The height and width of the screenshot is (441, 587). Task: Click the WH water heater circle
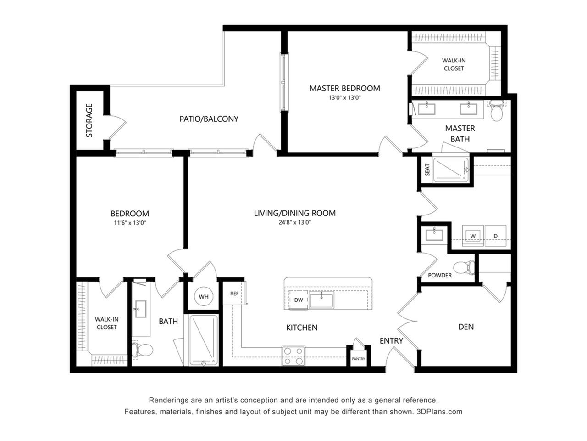tap(203, 296)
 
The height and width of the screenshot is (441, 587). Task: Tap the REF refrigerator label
tap(234, 294)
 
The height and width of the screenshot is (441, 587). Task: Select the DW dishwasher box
tap(298, 300)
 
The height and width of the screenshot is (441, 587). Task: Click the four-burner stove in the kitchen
tap(293, 356)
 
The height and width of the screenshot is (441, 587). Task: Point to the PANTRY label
tap(358, 358)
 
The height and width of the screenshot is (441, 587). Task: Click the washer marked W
tap(472, 236)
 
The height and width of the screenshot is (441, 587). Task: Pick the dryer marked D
tap(495, 236)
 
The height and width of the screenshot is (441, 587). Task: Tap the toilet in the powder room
tap(464, 267)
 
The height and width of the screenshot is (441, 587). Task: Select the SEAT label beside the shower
tap(427, 170)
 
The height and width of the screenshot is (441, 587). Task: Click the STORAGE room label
tap(89, 120)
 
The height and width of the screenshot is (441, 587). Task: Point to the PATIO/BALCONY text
tap(209, 119)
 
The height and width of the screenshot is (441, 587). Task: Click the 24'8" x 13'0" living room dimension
tap(294, 222)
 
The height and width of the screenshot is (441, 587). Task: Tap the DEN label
tap(465, 327)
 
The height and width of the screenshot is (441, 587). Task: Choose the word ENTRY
tap(391, 340)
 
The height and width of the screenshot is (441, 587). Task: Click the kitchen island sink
tap(321, 300)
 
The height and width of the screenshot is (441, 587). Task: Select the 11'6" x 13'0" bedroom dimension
tap(130, 222)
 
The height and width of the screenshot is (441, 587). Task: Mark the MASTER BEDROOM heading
tap(344, 88)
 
